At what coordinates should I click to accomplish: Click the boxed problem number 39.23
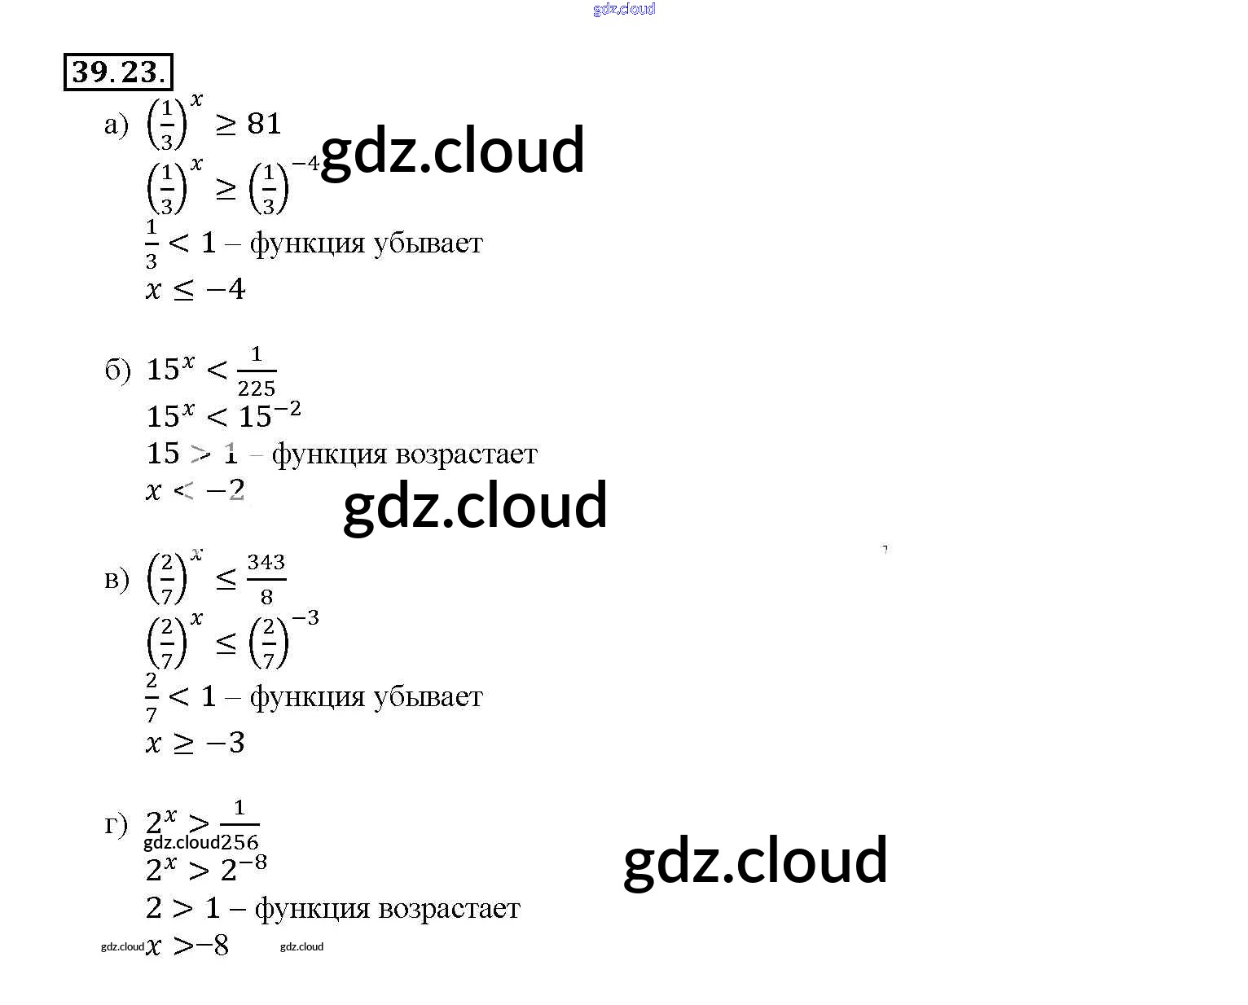118,72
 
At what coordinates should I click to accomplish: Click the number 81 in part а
264,124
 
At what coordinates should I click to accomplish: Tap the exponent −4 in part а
306,164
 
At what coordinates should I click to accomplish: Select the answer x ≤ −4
196,289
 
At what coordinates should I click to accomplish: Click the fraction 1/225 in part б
257,371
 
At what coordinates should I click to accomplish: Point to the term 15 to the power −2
270,415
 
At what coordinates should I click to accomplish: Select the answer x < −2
196,490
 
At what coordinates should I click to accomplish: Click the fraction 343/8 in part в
266,579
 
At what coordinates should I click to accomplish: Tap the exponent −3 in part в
305,618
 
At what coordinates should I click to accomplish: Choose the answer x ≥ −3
196,743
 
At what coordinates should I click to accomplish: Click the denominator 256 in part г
239,842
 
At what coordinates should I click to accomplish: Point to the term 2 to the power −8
244,868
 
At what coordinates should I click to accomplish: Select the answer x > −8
187,946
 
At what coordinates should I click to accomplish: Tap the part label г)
116,824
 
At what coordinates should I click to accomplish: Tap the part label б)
117,370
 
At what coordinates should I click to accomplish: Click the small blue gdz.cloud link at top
624,10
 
